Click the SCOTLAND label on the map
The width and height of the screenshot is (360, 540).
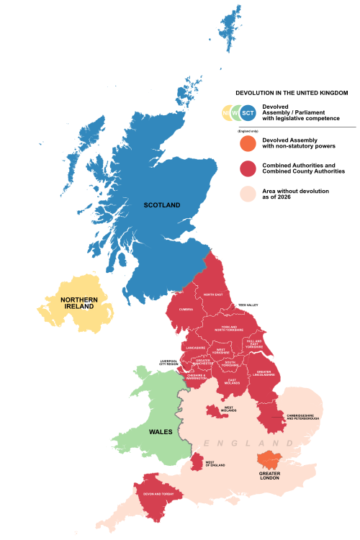pyautogui.click(x=162, y=205)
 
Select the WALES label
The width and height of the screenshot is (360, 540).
pyautogui.click(x=160, y=432)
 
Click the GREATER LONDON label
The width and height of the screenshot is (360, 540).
pyautogui.click(x=270, y=475)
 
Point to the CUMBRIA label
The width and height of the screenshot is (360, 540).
pyautogui.click(x=186, y=310)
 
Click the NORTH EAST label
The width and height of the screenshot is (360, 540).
pyautogui.click(x=212, y=295)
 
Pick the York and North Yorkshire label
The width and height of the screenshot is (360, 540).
pyautogui.click(x=229, y=329)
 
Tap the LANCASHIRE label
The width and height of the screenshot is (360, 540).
pyautogui.click(x=195, y=348)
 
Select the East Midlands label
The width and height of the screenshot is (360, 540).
pyautogui.click(x=233, y=381)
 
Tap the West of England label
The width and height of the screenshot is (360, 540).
pyautogui.click(x=215, y=464)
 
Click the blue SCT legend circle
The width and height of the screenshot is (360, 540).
pyautogui.click(x=248, y=112)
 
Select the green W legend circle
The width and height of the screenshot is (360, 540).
pyautogui.click(x=235, y=112)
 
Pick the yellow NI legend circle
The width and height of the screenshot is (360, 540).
pyautogui.click(x=225, y=112)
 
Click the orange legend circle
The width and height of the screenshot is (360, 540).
pyautogui.click(x=248, y=143)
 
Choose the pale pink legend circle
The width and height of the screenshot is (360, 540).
pyautogui.click(x=248, y=194)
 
